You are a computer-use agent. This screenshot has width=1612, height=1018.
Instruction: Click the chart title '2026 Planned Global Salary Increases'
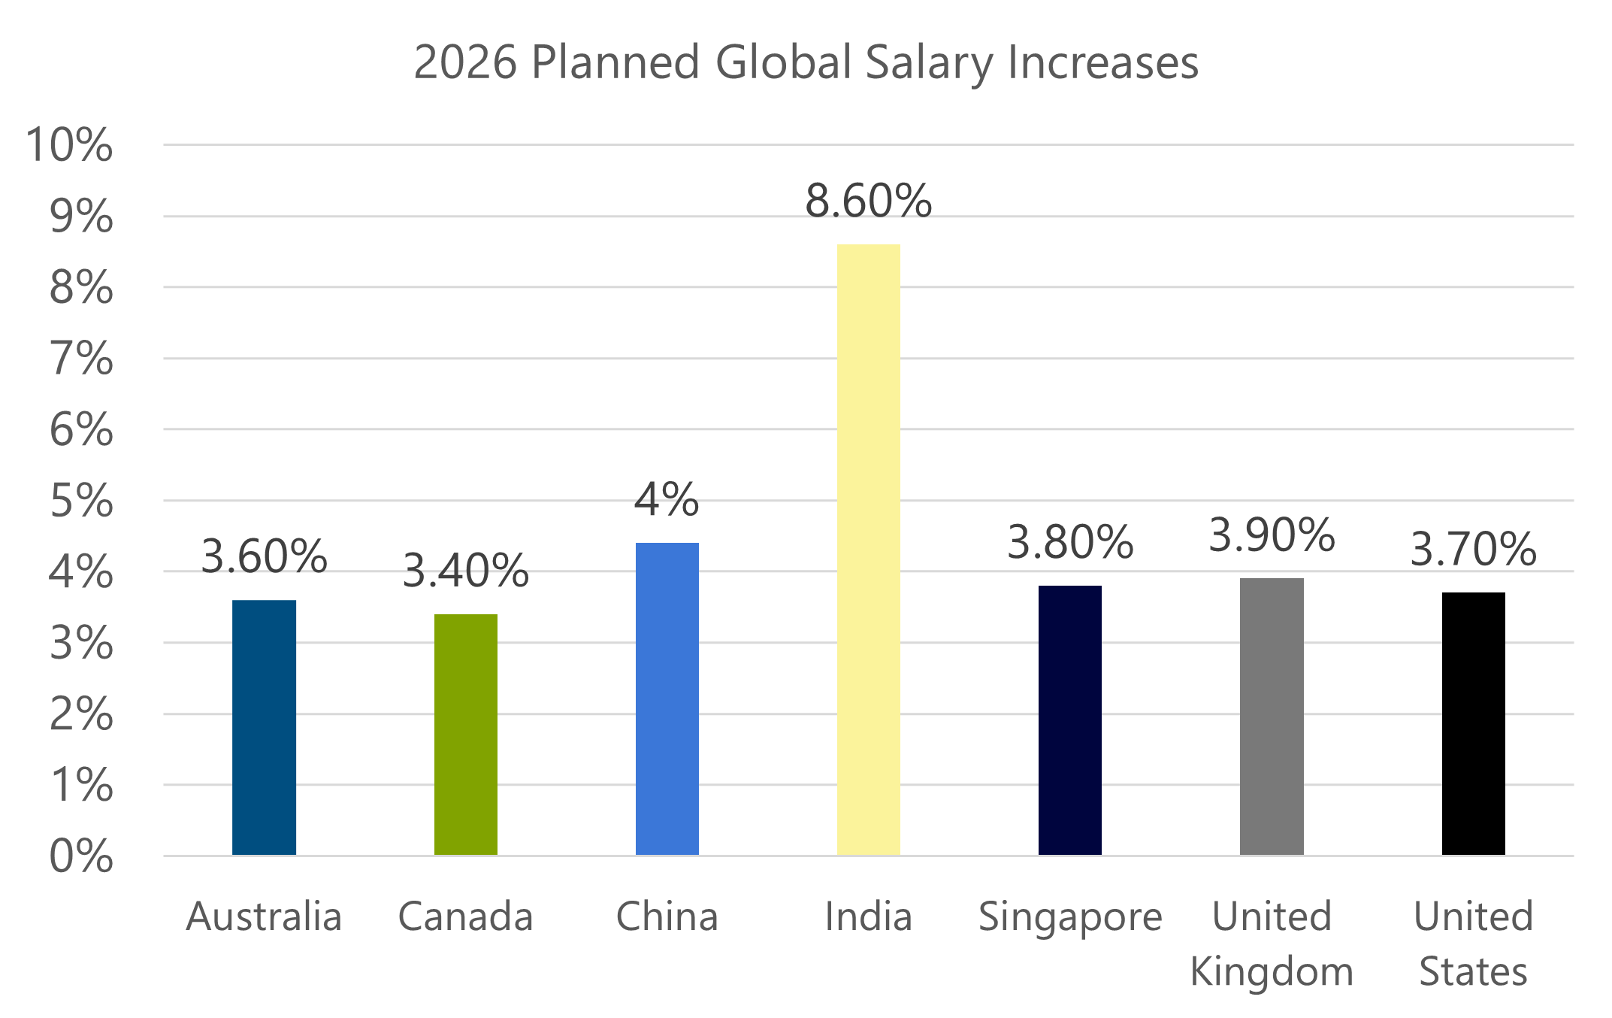tap(806, 62)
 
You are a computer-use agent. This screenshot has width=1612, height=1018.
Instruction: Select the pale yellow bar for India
tap(868, 549)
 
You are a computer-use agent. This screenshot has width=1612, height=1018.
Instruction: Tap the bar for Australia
tap(264, 727)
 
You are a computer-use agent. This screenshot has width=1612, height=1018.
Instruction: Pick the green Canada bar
tap(465, 735)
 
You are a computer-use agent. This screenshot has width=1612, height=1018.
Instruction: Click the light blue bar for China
tap(667, 698)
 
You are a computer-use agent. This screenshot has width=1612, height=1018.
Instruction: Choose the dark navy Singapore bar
tap(1069, 720)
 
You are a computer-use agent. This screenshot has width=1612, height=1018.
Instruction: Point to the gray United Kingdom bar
tap(1271, 717)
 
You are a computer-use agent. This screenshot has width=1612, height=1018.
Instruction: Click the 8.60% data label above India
tap(868, 201)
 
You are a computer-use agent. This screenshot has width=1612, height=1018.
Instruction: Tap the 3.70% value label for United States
tap(1472, 550)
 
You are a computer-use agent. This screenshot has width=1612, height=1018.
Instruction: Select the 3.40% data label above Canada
tap(465, 571)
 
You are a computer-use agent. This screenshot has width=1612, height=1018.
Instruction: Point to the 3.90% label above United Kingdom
tap(1271, 535)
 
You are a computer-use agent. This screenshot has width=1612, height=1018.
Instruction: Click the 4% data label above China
tap(667, 500)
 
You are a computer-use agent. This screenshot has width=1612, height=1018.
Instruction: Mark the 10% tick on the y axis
tap(70, 144)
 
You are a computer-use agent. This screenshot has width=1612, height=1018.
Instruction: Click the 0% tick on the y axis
tap(81, 856)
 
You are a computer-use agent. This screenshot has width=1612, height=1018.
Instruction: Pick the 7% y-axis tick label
tap(81, 359)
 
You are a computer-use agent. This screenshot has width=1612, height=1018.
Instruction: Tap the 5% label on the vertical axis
tap(81, 501)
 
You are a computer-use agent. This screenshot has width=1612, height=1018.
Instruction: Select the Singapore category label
tap(1069, 917)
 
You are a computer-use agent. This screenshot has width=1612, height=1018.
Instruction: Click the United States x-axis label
tap(1472, 944)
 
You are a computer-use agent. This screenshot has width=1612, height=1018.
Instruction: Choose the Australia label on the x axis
tap(264, 917)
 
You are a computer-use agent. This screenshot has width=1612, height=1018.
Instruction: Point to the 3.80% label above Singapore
tap(1069, 542)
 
